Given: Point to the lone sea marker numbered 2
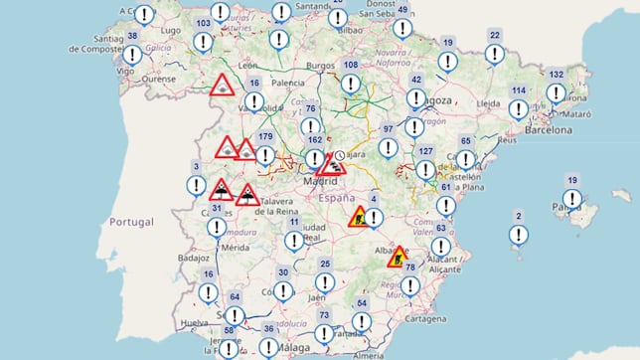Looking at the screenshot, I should (x=519, y=234).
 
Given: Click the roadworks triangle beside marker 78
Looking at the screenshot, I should (x=398, y=256).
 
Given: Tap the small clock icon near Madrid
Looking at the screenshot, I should (x=340, y=156).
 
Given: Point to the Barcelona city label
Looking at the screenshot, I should (x=549, y=129).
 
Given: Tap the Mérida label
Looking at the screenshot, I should (x=235, y=246).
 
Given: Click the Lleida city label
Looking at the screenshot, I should (x=488, y=102).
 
